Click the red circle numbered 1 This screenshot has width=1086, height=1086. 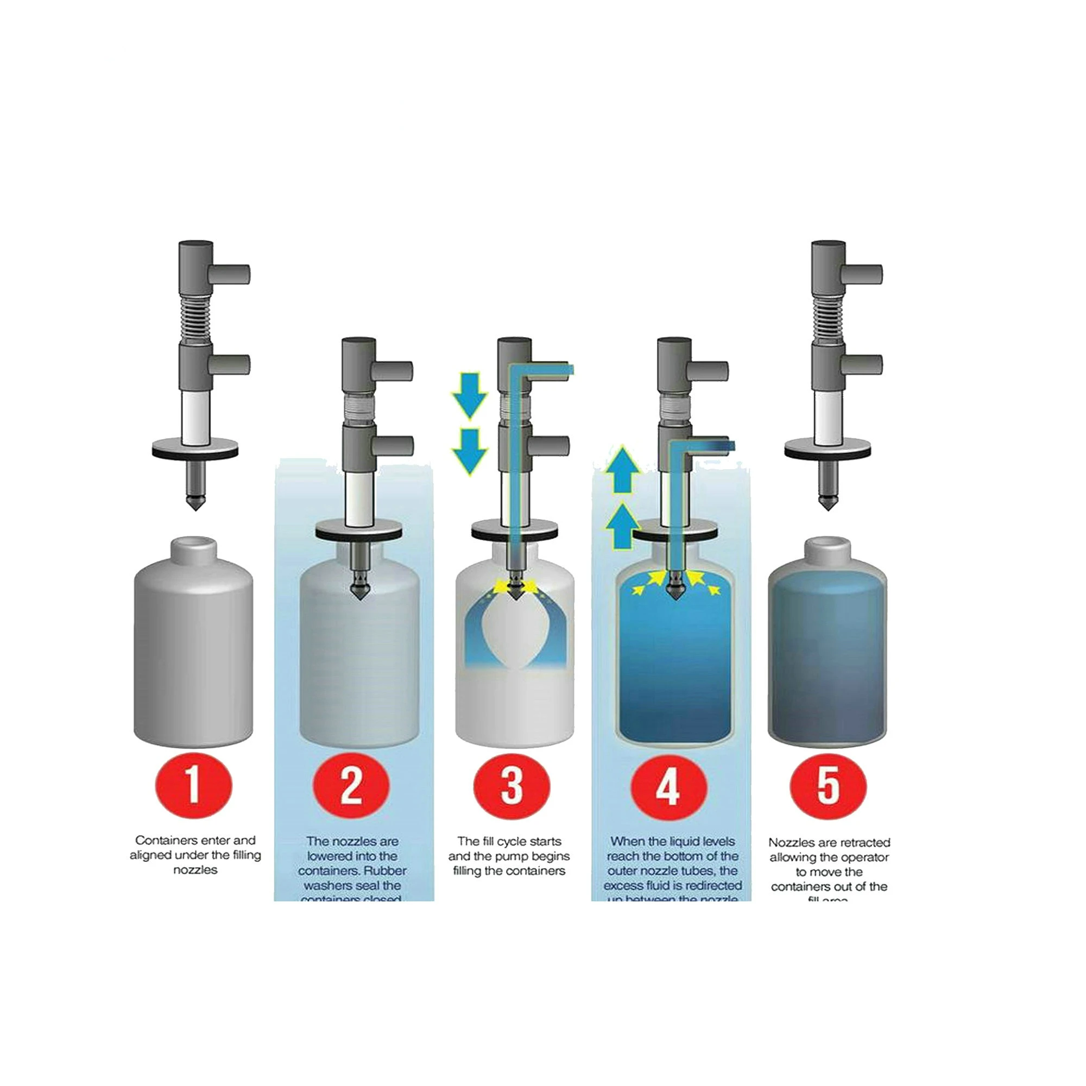193,785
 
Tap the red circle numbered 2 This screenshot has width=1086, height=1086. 352,785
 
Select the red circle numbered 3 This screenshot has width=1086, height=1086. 511,785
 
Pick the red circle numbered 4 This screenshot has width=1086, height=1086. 668,785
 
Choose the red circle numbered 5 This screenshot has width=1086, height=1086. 828,785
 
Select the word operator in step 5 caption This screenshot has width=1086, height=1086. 864,857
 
